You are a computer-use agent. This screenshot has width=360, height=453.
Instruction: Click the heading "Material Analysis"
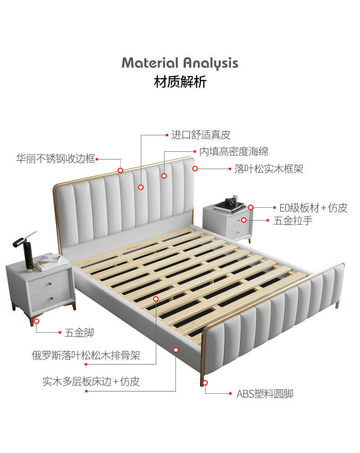point(180,63)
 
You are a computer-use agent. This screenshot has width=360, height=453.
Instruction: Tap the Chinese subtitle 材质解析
point(180,82)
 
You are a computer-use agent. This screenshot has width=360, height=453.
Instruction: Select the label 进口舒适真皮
point(201,135)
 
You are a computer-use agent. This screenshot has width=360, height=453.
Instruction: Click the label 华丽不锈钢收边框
point(56,159)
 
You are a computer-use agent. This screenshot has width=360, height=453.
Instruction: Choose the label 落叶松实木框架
point(268,169)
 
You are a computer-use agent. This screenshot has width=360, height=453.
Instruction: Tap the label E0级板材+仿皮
point(313,208)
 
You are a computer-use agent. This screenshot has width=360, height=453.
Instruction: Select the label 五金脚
point(79,333)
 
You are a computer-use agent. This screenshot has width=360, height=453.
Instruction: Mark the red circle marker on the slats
point(156,299)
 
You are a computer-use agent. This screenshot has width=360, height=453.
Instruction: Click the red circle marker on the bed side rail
point(176,350)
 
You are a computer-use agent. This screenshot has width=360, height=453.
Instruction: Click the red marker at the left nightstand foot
point(36,321)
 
